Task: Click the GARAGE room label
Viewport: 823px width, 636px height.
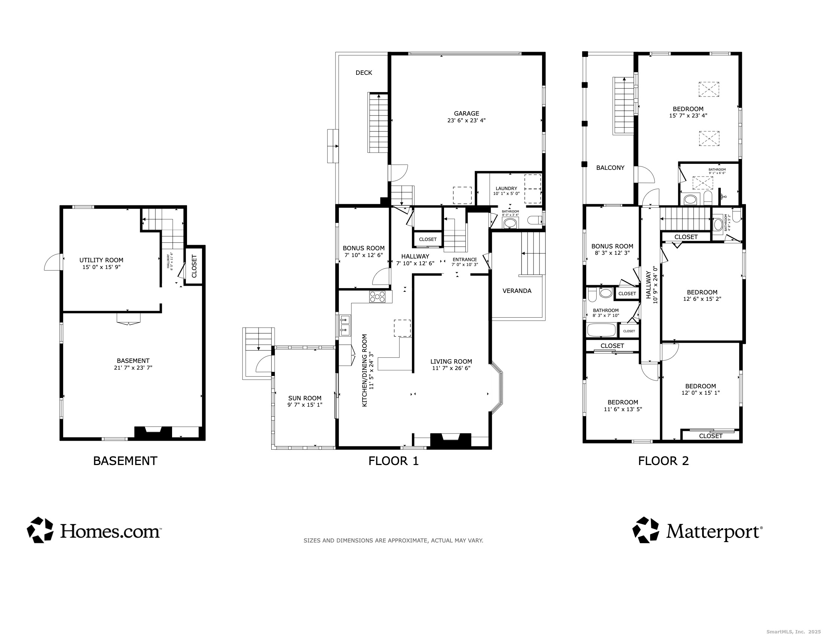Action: point(466,113)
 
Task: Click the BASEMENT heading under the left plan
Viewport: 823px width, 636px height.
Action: point(125,461)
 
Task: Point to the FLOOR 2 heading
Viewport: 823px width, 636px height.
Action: point(663,461)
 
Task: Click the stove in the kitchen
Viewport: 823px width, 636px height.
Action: point(377,297)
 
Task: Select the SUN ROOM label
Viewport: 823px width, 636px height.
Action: point(305,398)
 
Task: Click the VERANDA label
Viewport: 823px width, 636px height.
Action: point(517,291)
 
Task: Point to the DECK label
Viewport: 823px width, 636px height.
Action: point(364,73)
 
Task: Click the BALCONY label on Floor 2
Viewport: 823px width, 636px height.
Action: point(610,168)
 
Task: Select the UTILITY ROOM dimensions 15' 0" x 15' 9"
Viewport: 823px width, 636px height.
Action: point(101,267)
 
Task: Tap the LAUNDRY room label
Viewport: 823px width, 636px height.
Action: point(506,189)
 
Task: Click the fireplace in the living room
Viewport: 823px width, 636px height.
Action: point(451,440)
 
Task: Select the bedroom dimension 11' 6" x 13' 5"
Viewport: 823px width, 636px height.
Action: point(622,409)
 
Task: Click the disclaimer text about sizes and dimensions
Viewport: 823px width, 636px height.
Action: point(393,540)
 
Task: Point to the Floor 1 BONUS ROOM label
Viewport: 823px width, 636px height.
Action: point(363,248)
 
